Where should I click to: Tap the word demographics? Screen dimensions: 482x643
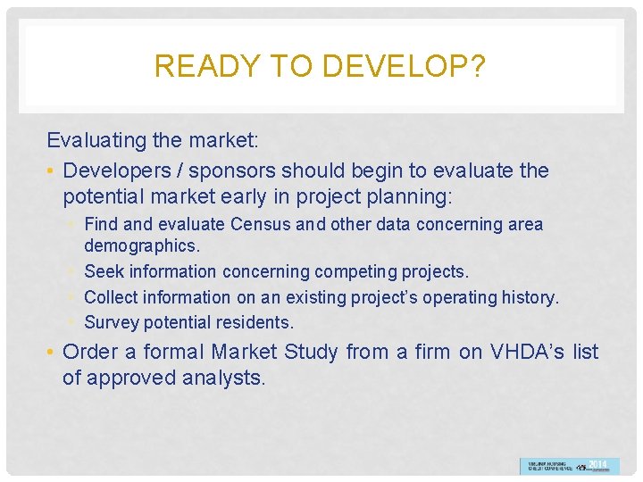pos(142,245)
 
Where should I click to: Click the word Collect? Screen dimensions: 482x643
pos(113,297)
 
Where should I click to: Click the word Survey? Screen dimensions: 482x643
pos(112,322)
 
